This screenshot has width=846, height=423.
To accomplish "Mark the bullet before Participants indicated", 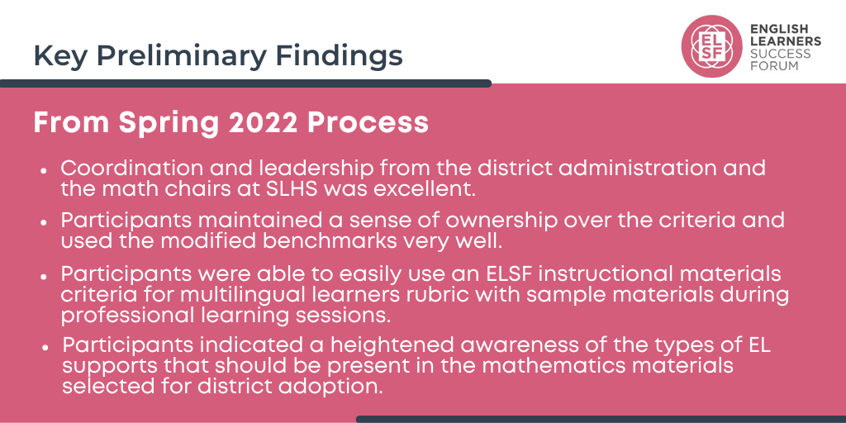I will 45,347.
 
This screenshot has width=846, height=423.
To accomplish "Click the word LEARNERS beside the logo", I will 786,41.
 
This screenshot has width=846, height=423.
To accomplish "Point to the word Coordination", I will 123,168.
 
